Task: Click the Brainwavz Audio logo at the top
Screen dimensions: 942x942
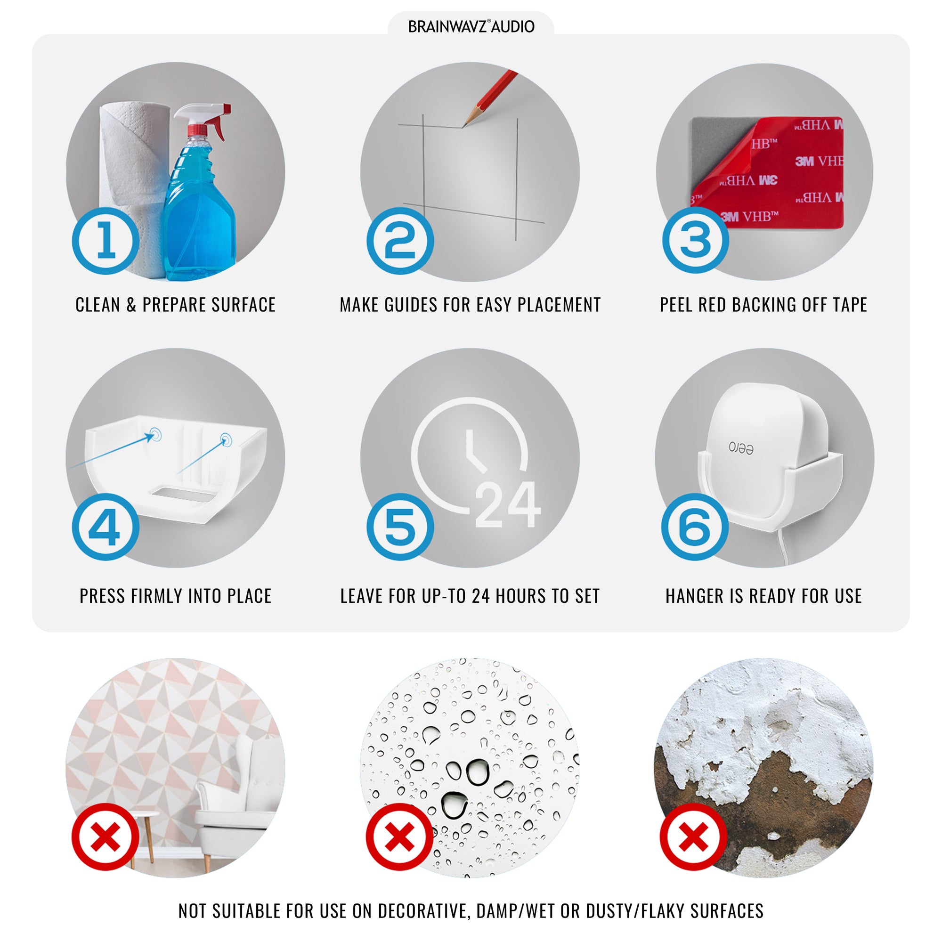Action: point(471,26)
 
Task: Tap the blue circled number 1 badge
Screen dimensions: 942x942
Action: point(106,241)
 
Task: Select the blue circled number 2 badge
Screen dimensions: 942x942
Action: point(400,241)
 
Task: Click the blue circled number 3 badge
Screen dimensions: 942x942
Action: point(695,240)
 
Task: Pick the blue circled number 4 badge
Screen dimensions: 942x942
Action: point(106,527)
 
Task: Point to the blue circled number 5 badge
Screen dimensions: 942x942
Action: point(400,527)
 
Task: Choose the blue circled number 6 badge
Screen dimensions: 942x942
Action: point(695,527)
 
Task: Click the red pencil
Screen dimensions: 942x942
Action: point(489,98)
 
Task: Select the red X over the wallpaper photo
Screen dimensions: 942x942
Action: point(106,837)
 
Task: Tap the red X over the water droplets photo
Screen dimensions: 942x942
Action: point(400,837)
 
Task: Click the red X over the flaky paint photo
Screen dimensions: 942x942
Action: point(693,837)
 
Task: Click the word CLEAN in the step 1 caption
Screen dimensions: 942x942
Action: point(97,305)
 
